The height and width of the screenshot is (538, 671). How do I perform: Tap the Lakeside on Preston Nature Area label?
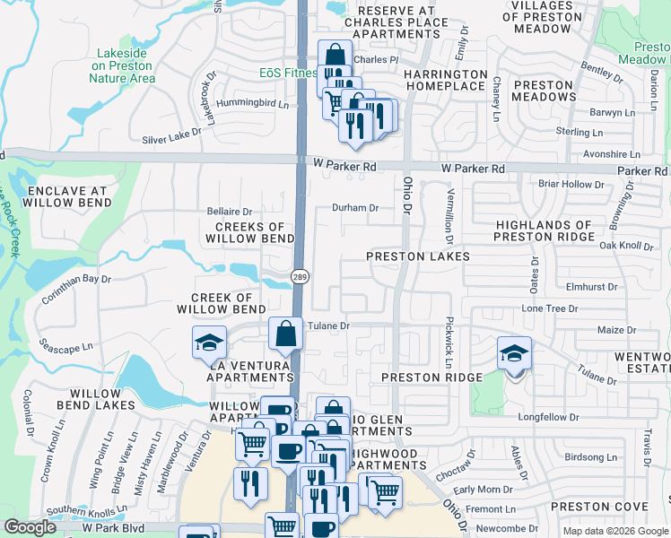[122, 65]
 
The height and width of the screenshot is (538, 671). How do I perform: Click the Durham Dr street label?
[356, 207]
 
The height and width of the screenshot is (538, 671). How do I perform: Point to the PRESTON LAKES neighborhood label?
[418, 256]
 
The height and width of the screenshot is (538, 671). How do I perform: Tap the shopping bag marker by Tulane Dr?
[285, 335]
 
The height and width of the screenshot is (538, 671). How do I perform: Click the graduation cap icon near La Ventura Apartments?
[209, 342]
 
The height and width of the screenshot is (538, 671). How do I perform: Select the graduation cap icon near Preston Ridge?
[515, 352]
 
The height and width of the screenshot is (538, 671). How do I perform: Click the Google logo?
[30, 527]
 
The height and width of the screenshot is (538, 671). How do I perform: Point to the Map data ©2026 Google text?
[615, 531]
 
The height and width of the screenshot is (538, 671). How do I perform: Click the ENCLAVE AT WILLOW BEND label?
[67, 197]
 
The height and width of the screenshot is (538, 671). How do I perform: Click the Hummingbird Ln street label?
[258, 104]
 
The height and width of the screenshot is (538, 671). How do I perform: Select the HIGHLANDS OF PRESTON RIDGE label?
[545, 231]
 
